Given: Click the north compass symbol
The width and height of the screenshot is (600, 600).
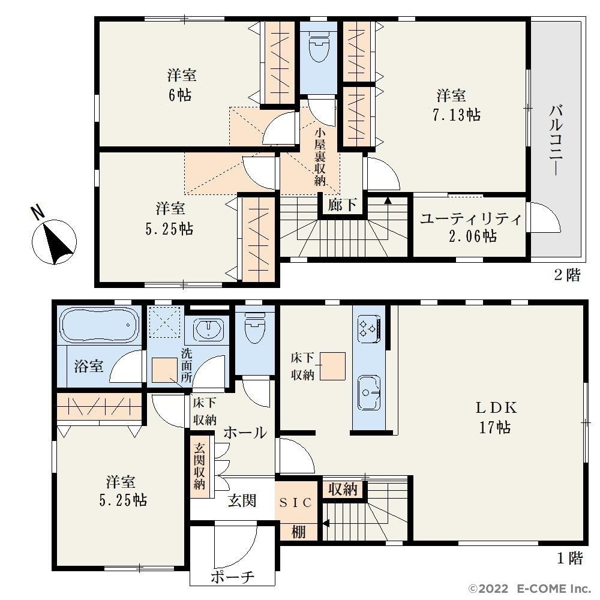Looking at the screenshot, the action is click(54, 242).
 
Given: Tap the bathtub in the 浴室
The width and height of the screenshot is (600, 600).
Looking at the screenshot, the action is click(100, 325).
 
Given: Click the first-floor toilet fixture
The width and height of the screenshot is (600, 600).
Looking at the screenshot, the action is click(254, 328).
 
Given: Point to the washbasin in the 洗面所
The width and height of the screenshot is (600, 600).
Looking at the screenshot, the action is click(209, 329).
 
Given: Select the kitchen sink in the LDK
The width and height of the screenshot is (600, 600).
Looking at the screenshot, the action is click(369, 392).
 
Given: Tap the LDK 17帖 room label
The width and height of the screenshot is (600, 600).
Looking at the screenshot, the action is click(496, 418).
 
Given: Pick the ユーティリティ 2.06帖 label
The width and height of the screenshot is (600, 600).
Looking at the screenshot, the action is click(472, 227).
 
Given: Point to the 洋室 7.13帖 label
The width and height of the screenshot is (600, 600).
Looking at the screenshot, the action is click(457, 105).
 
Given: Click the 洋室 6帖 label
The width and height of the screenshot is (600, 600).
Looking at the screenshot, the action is click(181, 85).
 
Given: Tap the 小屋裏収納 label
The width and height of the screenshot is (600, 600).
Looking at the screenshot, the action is click(320, 157).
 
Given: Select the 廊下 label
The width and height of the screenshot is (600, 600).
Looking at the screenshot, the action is click(342, 205).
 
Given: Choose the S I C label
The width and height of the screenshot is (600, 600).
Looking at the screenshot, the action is click(296, 502).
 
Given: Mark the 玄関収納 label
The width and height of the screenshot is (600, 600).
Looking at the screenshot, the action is click(199, 466).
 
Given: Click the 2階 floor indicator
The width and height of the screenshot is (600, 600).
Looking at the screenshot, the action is click(568, 275).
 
